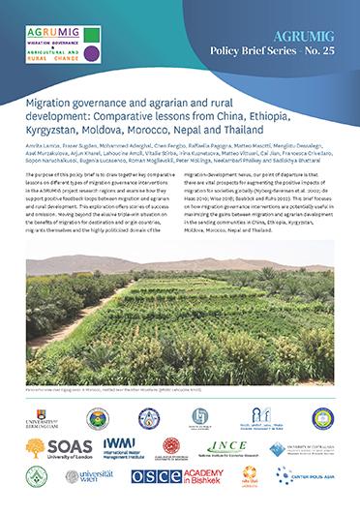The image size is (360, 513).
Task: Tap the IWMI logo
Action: (x=121, y=448)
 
